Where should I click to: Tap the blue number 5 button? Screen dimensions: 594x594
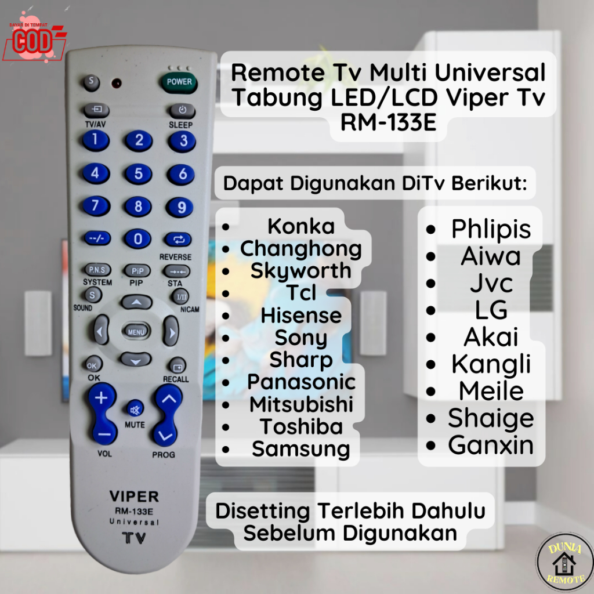139,173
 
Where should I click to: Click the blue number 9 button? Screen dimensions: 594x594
182,207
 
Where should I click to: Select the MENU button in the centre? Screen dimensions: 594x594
136,332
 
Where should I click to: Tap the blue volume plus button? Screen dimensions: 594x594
102,398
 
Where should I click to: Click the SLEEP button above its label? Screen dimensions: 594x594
182,110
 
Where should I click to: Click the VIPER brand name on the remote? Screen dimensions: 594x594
134,497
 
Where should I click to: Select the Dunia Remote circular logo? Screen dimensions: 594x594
564,562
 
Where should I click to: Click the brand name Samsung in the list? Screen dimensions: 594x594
300,449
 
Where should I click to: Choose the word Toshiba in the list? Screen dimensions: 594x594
300,426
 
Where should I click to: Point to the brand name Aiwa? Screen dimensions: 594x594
491,256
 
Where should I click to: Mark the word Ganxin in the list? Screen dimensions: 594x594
491,445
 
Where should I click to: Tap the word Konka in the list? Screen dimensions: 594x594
300,226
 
